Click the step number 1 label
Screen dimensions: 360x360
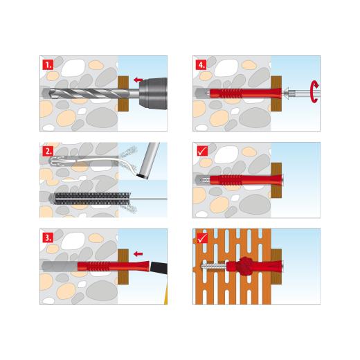point(48,64)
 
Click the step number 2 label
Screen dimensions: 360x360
point(48,152)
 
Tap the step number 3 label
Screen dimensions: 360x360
point(48,237)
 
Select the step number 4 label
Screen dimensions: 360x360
point(201,64)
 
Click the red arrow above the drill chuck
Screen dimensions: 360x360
point(138,80)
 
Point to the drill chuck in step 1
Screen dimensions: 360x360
point(153,93)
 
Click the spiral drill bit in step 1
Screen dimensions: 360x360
point(91,93)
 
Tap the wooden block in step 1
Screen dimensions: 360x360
point(123,93)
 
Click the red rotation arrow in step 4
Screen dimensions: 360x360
point(315,91)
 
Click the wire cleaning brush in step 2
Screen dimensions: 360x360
point(92,199)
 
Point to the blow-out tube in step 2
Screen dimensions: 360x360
point(148,161)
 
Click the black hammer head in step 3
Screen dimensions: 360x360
point(159,269)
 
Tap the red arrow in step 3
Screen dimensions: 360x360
point(138,254)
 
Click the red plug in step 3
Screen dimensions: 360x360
point(113,266)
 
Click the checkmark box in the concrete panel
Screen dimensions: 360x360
point(203,151)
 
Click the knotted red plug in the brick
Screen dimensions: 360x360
point(244,267)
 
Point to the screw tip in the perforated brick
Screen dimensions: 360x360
point(202,267)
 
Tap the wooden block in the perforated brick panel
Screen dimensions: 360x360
point(276,267)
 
